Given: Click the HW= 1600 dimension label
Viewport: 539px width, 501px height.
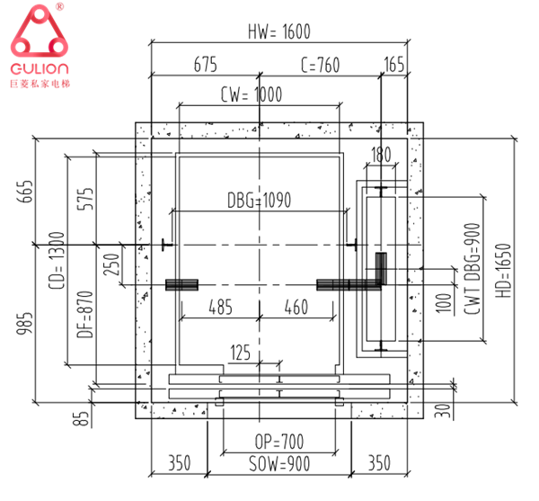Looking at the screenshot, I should click(278, 31).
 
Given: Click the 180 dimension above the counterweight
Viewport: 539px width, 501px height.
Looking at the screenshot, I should click(381, 155).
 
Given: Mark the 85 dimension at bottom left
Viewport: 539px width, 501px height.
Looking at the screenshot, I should click(82, 417).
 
